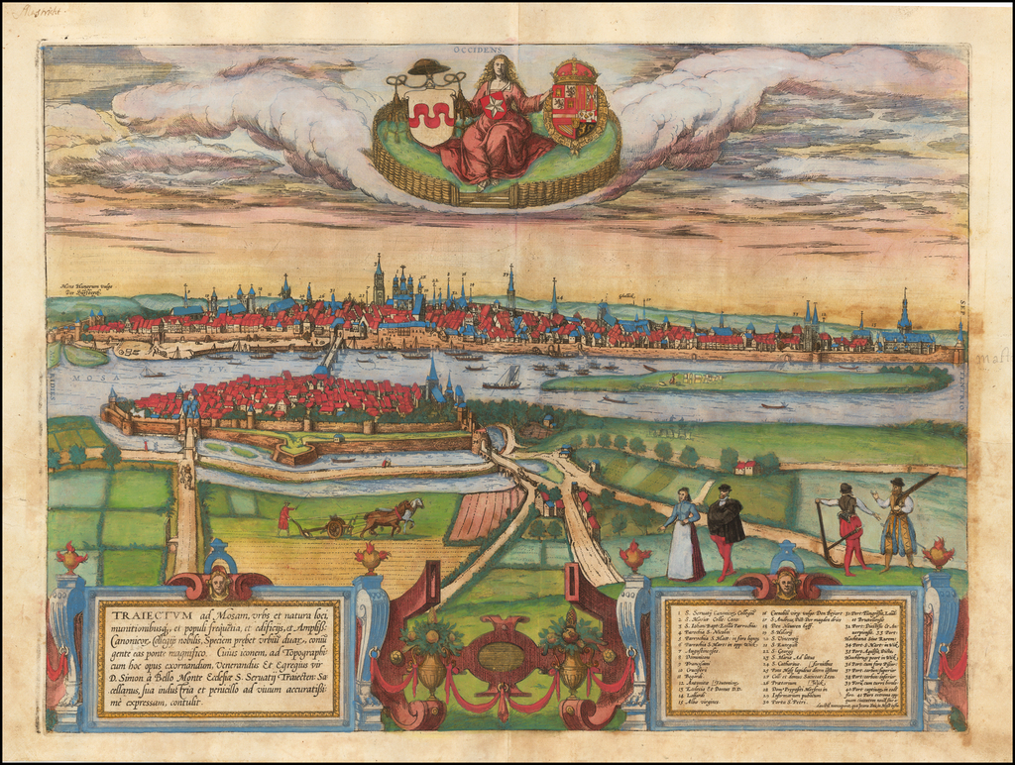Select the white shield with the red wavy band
click(431, 117)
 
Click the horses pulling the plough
click(392, 517)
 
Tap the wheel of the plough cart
click(335, 529)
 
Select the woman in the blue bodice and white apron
click(683, 535)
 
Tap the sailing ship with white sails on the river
click(508, 377)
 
